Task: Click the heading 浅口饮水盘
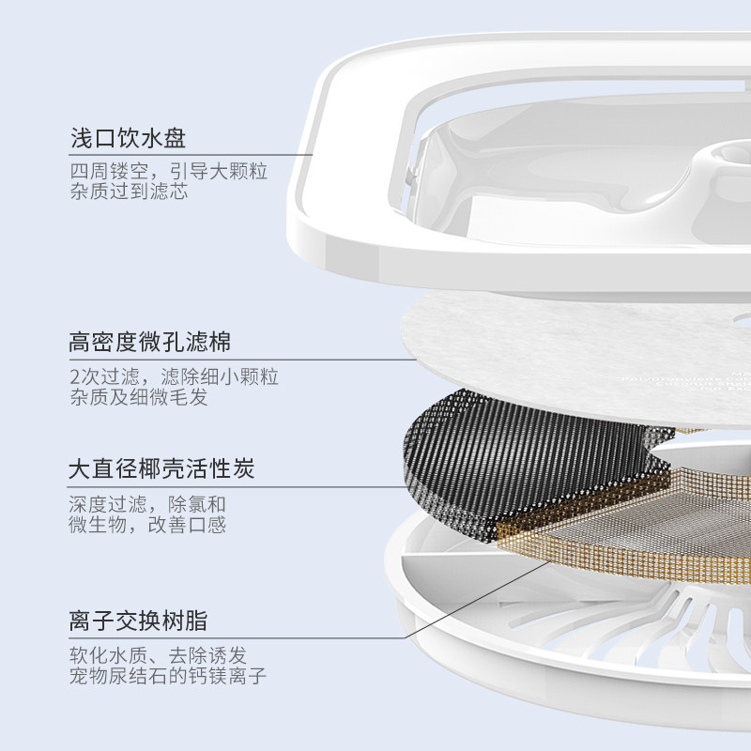click(x=129, y=138)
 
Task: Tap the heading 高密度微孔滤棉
click(x=150, y=341)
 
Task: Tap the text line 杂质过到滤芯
click(x=129, y=192)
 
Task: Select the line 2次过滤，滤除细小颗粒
click(x=174, y=376)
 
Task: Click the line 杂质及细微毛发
click(x=138, y=398)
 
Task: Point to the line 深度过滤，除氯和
click(x=148, y=503)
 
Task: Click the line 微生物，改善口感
click(x=148, y=525)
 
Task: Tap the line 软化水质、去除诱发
click(x=158, y=654)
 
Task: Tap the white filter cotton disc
click(x=563, y=338)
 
